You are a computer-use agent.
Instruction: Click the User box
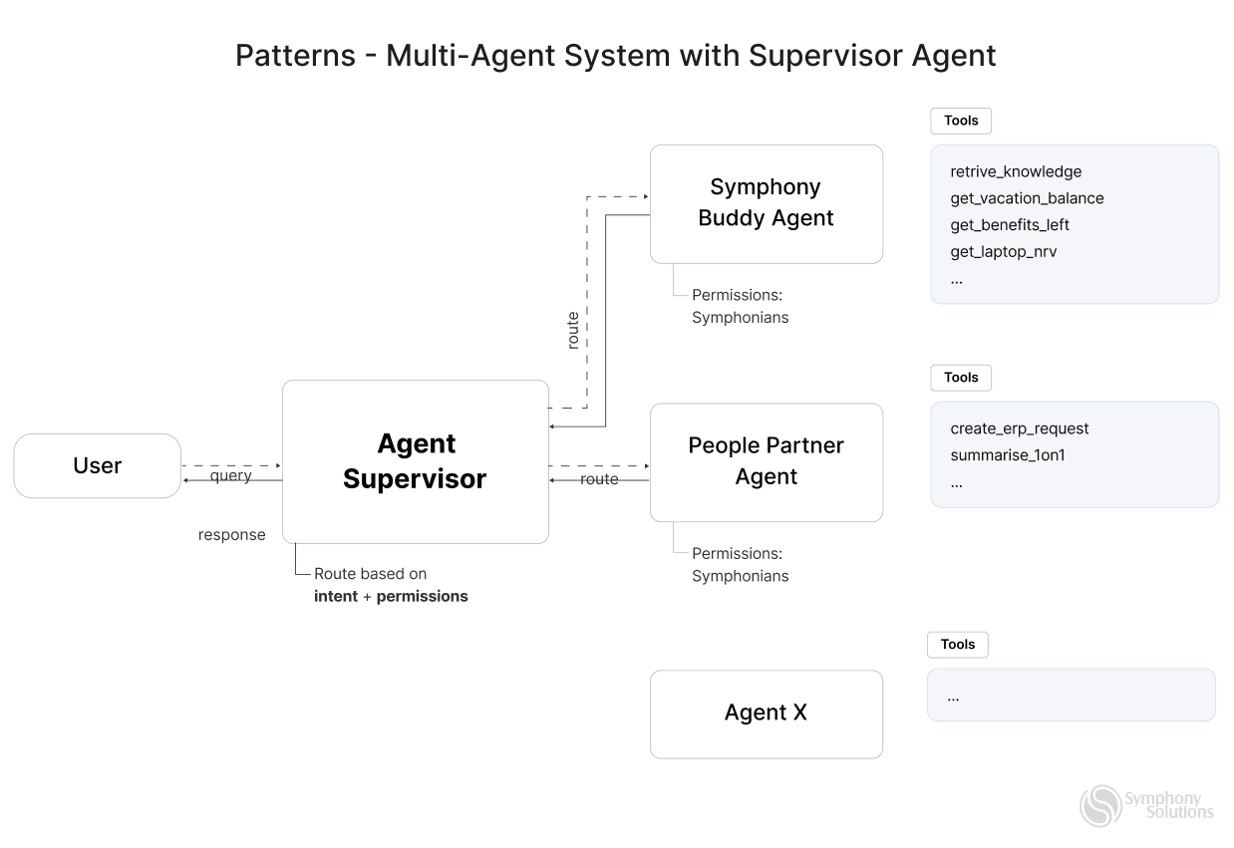click(x=97, y=465)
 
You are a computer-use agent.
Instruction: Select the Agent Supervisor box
click(x=415, y=461)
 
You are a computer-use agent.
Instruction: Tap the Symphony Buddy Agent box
click(x=766, y=203)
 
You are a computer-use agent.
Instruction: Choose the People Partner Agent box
click(x=766, y=461)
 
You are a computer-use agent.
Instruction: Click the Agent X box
click(x=766, y=713)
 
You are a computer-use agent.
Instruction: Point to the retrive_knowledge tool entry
click(x=1015, y=171)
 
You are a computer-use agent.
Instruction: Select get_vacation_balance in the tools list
click(x=1027, y=198)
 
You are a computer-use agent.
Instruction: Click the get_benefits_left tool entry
click(x=1009, y=225)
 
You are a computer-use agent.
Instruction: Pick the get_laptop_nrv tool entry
click(x=1003, y=252)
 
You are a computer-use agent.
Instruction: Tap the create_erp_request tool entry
click(x=1019, y=428)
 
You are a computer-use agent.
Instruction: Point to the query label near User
click(x=230, y=476)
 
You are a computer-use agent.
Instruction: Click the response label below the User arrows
click(x=231, y=535)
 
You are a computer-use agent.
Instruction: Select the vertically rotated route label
click(x=572, y=330)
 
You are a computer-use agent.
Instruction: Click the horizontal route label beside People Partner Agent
click(x=599, y=479)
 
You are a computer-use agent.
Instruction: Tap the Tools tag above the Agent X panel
click(x=957, y=645)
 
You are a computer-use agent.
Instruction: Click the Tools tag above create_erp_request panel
click(x=961, y=378)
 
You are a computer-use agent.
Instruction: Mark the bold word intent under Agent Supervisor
click(x=335, y=597)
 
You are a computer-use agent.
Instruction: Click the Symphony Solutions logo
click(x=1146, y=805)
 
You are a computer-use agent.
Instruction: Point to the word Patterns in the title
click(x=295, y=56)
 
